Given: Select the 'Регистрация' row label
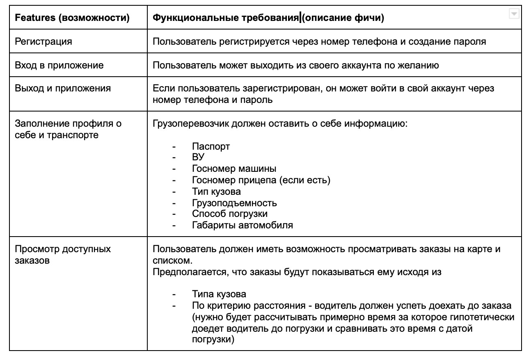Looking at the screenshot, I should pyautogui.click(x=43, y=41).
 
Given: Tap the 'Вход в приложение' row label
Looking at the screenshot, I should pyautogui.click(x=59, y=65).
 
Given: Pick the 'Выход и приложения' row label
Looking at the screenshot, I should pyautogui.click(x=63, y=88).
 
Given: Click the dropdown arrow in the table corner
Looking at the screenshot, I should pyautogui.click(x=513, y=14).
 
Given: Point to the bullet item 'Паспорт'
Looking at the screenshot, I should pyautogui.click(x=211, y=146).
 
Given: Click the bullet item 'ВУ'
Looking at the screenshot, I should pyautogui.click(x=198, y=157).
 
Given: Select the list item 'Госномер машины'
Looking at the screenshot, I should pyautogui.click(x=234, y=169).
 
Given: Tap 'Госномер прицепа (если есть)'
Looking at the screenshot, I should pyautogui.click(x=261, y=180).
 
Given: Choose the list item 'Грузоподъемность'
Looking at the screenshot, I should pyautogui.click(x=234, y=203).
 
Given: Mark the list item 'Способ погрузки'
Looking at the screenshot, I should pyautogui.click(x=230, y=214).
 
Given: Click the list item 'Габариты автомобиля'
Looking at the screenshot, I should pyautogui.click(x=243, y=225).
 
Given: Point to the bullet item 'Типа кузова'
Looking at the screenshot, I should pyautogui.click(x=219, y=294).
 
